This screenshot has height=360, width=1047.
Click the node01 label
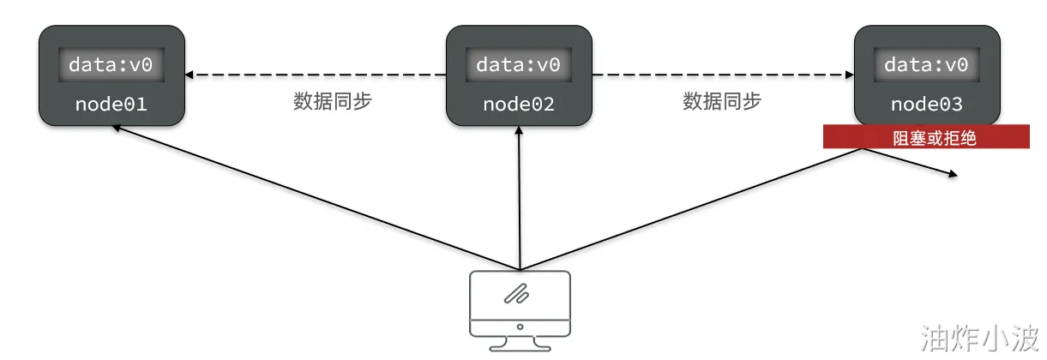111,104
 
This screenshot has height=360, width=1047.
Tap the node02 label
519,104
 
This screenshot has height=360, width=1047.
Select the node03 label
927,104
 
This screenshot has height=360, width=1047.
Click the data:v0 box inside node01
111,64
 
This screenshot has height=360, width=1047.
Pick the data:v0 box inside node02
519,64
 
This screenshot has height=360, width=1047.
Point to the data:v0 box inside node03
926,64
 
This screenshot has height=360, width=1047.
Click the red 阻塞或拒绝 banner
926,136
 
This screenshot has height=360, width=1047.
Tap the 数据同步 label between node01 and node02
333,101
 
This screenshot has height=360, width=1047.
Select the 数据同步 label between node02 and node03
722,101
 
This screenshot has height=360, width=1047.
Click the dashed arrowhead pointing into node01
189,75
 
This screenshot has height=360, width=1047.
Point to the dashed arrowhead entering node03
850,75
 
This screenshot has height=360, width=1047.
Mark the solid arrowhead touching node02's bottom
519,130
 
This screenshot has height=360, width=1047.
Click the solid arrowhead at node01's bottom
117,128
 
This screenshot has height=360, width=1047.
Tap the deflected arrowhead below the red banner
953,174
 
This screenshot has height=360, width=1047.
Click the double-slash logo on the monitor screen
516,294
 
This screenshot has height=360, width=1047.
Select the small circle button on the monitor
520,327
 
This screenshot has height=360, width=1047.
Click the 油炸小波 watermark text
980,338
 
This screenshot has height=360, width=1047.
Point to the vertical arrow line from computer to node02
520,198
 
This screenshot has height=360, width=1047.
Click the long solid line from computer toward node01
316,197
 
